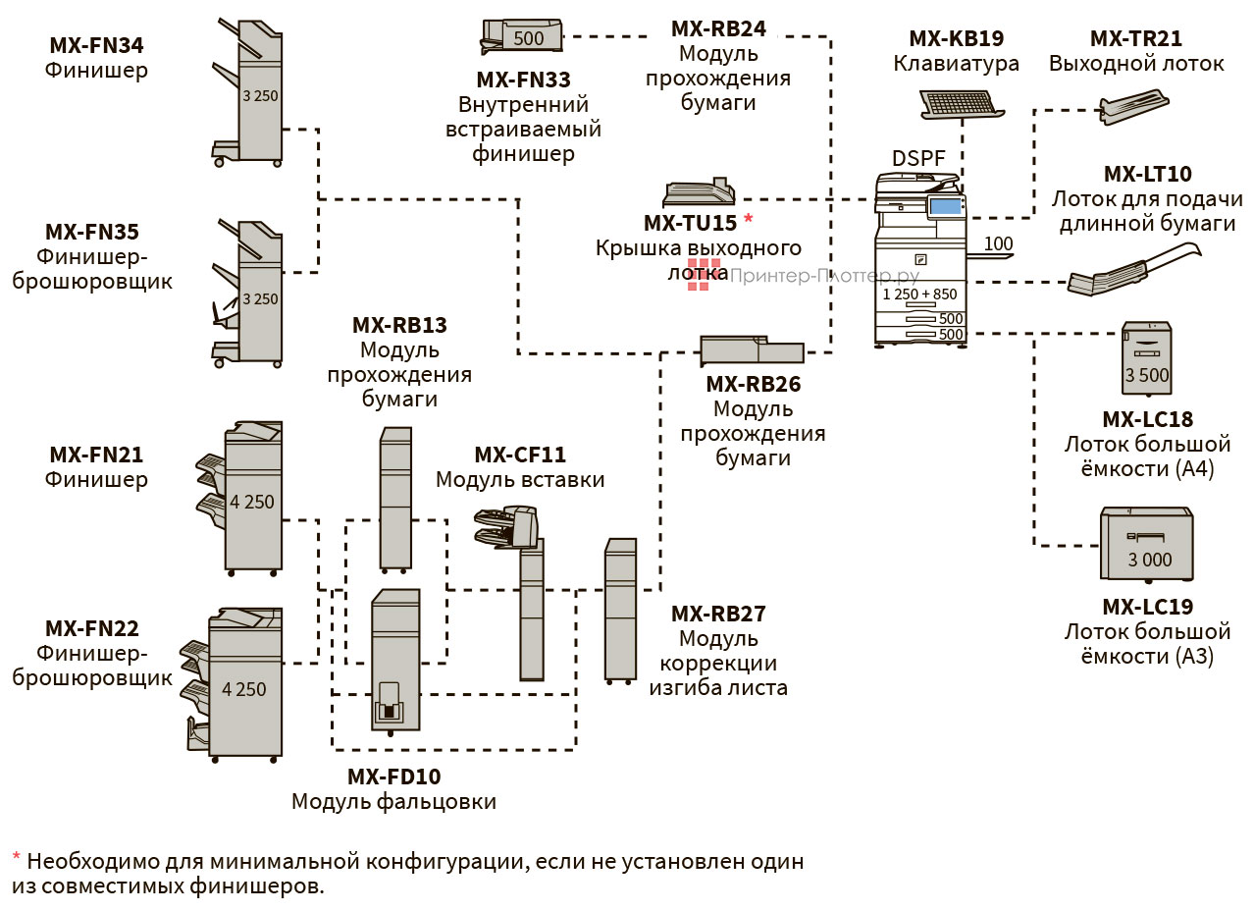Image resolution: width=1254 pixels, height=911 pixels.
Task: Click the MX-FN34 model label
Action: pos(96,45)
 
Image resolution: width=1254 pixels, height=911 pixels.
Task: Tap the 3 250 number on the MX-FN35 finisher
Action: pos(260,298)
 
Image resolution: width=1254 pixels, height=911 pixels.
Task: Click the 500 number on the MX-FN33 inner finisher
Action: pos(528,39)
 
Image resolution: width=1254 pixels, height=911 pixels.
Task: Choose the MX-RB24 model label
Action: pos(718,28)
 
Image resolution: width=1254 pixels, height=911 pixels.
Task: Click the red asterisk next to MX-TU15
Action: pos(749,218)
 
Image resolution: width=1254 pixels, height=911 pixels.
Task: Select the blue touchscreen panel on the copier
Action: pos(944,207)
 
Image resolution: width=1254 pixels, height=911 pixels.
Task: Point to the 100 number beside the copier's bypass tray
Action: pos(998,243)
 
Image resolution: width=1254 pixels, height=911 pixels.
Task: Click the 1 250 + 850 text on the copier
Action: pos(919,294)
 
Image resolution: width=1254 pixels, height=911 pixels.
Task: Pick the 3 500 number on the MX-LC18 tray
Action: pos(1147,375)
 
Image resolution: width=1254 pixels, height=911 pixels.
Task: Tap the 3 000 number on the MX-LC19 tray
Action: pos(1149,560)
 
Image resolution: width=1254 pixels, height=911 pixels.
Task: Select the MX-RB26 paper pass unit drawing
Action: pos(752,350)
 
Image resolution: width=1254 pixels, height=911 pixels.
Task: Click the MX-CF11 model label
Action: pos(520,455)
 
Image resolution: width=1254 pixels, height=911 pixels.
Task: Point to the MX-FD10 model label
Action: pos(393,777)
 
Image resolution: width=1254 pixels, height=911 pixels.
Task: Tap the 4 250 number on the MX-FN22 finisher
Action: pos(244,689)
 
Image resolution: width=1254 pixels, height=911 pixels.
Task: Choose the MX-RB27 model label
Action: pos(718,615)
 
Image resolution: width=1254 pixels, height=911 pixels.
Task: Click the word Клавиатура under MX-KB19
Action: pos(956,64)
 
